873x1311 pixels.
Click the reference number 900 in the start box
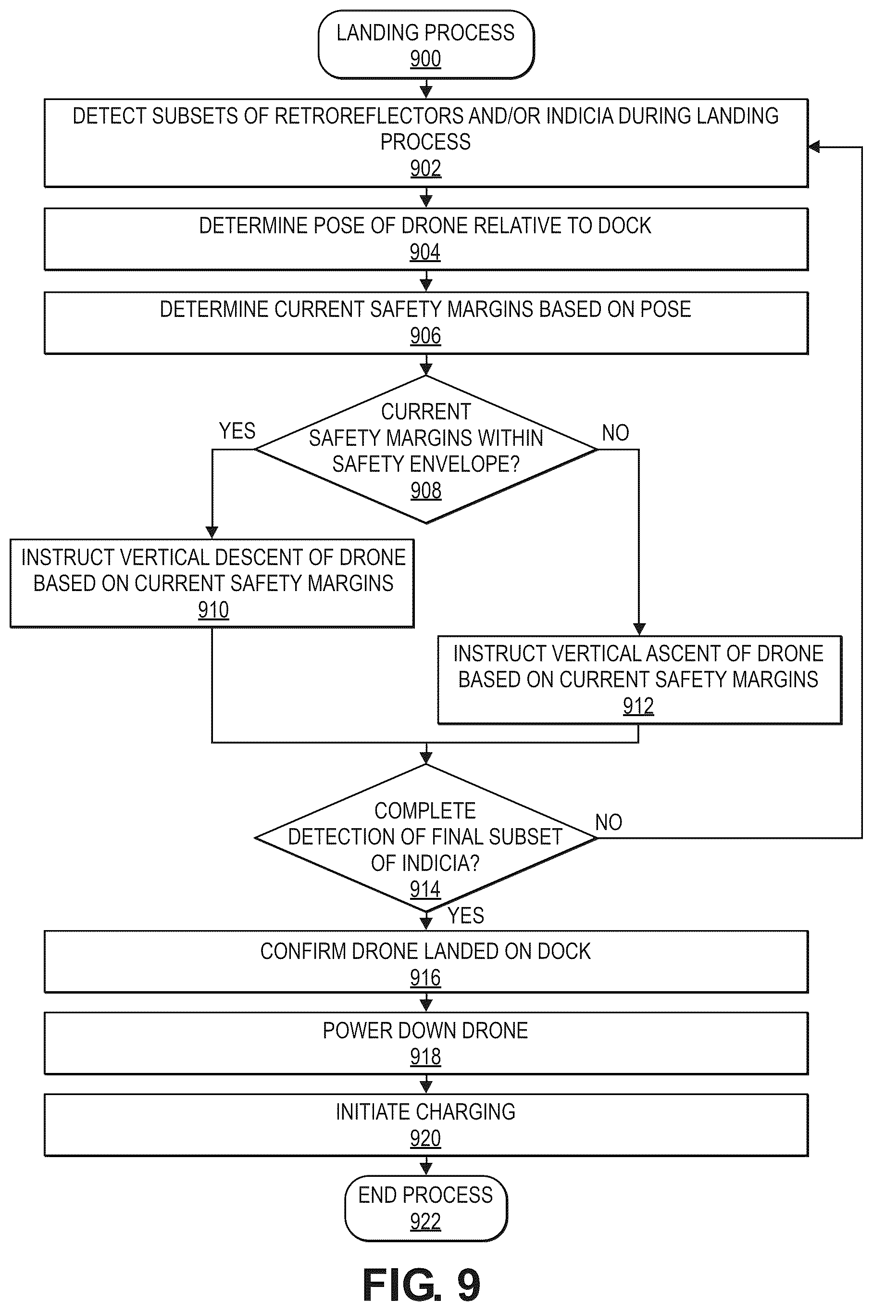point(425,59)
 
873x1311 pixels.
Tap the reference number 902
point(425,168)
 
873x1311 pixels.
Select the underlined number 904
point(425,252)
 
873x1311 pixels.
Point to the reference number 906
point(425,336)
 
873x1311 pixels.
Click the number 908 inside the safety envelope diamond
point(426,491)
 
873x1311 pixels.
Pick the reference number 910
point(213,610)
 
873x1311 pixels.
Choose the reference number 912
point(638,706)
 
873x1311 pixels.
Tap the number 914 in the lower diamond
point(425,889)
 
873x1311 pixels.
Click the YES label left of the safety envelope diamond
point(237,431)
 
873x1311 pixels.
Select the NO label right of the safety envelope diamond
point(615,433)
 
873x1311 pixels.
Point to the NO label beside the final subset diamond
point(609,822)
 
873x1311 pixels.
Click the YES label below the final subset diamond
point(466,916)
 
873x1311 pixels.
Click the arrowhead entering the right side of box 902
point(813,147)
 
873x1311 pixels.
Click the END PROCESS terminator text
point(425,1195)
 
